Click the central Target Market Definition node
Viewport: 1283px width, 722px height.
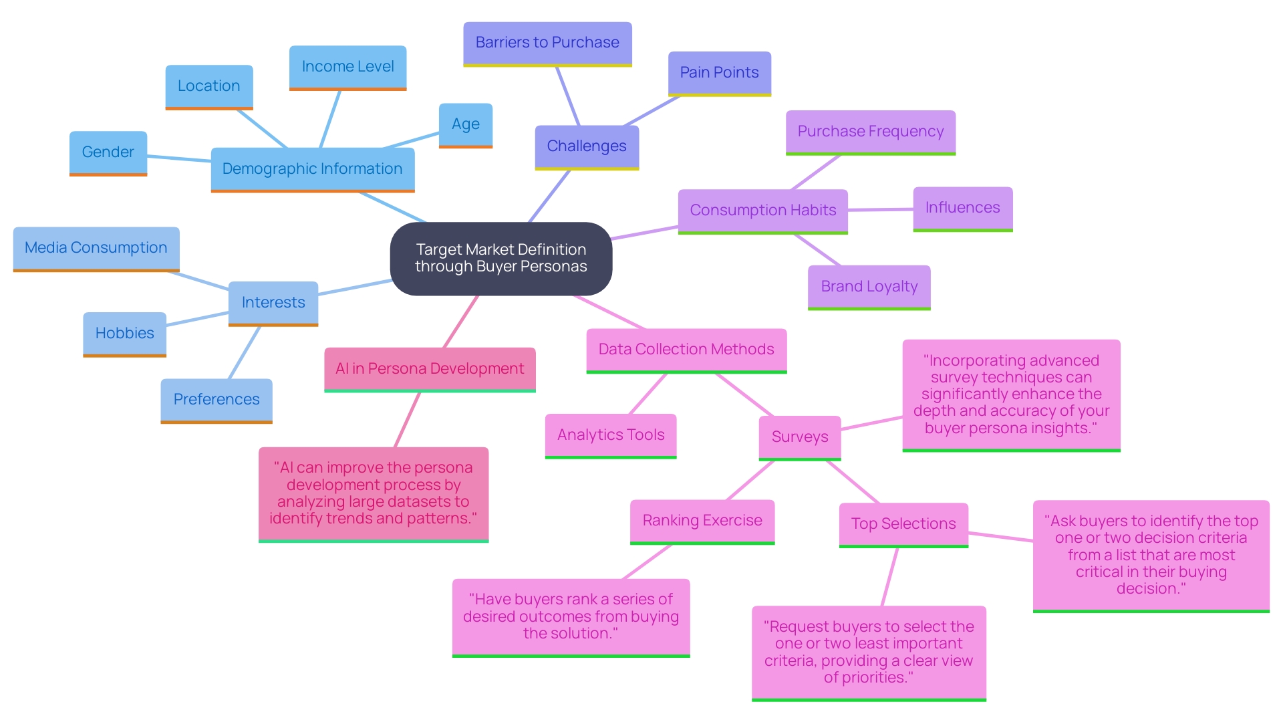click(501, 258)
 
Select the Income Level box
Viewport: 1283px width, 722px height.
click(347, 67)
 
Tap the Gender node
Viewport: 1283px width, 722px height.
click(108, 152)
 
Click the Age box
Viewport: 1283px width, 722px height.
click(465, 124)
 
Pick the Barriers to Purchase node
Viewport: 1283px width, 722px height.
click(547, 43)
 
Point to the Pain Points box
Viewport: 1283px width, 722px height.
click(719, 73)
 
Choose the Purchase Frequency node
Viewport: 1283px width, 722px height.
click(870, 132)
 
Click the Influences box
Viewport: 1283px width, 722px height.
click(962, 208)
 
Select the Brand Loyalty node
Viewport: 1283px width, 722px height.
click(869, 287)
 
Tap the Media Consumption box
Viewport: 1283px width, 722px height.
click(96, 248)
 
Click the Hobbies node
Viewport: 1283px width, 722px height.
click(124, 334)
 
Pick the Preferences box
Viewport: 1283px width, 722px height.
click(216, 400)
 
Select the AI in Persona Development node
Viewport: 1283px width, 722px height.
click(430, 369)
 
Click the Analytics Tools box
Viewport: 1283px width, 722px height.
click(611, 435)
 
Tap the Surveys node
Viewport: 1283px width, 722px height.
click(799, 437)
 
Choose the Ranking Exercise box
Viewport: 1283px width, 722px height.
click(702, 521)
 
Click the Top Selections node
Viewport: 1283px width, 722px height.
click(903, 524)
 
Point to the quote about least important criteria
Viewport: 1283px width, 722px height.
click(868, 652)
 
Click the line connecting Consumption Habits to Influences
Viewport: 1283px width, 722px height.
click(880, 210)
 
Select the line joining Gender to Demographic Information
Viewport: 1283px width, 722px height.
click(179, 158)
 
